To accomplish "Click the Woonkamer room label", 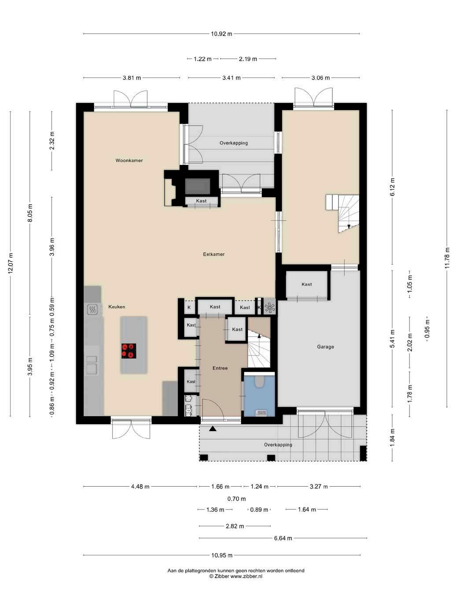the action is tap(129, 160).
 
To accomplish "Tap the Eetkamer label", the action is tap(214, 254).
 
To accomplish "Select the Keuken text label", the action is tap(117, 307).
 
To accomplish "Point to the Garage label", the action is tap(325, 347).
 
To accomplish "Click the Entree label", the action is tap(220, 368).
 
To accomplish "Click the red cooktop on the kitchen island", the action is tap(129, 351).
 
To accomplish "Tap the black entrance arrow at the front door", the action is tap(213, 429).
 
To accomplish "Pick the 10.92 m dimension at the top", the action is tap(221, 34).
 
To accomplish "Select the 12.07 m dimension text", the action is tap(11, 263).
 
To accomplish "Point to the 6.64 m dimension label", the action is tap(283, 538).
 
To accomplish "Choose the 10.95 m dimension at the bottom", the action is tap(222, 555).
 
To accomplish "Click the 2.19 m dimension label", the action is tap(248, 59).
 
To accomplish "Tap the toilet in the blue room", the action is tap(260, 381).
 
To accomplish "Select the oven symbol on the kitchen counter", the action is tap(92, 309).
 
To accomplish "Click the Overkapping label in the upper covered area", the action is tap(234, 143).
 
